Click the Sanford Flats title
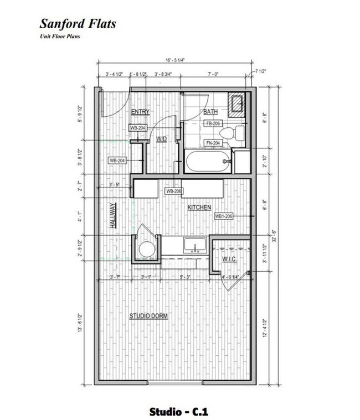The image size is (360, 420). pyautogui.click(x=77, y=24)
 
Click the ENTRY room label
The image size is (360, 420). pyautogui.click(x=140, y=112)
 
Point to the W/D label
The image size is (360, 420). pyautogui.click(x=162, y=139)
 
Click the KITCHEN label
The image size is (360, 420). pyautogui.click(x=199, y=208)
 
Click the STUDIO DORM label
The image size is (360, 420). pyautogui.click(x=148, y=316)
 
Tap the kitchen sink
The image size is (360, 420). pyautogui.click(x=195, y=244)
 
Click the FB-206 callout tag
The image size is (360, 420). pyautogui.click(x=214, y=123)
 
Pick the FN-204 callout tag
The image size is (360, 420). pyautogui.click(x=214, y=143)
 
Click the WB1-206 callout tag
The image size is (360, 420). pyautogui.click(x=224, y=216)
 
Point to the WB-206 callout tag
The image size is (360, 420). pyautogui.click(x=174, y=191)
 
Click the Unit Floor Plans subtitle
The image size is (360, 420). pyautogui.click(x=60, y=37)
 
